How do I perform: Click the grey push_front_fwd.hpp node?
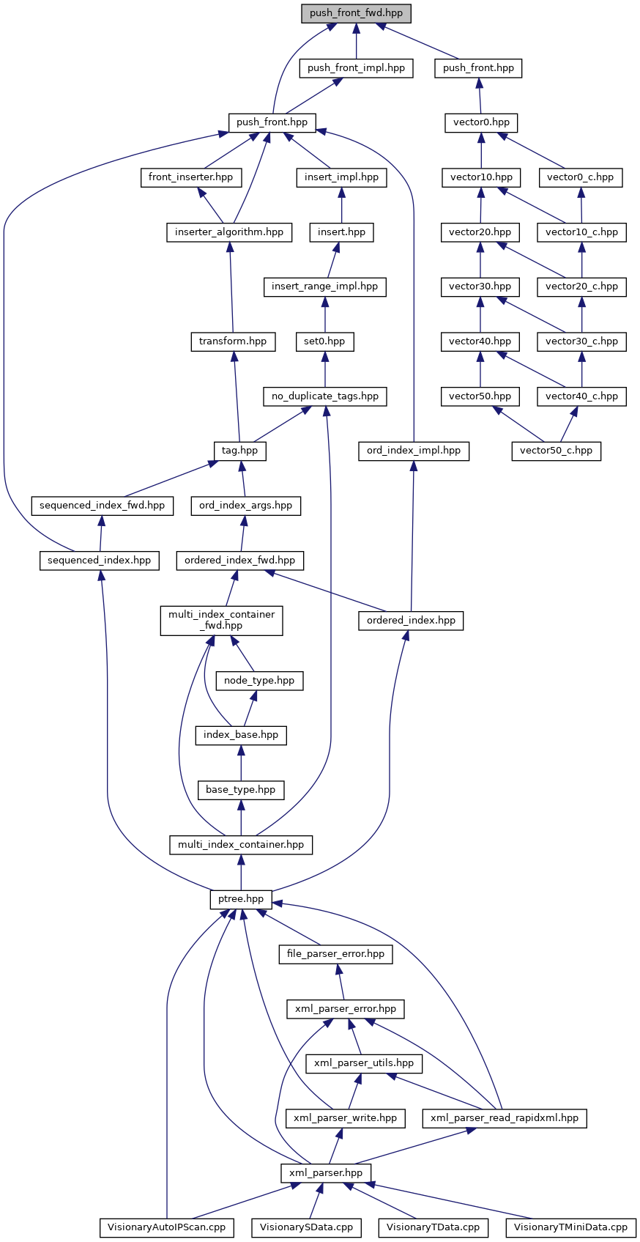(x=356, y=13)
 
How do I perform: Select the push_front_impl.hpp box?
(x=356, y=68)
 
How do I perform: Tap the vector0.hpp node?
(x=481, y=122)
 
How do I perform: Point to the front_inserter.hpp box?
(x=190, y=177)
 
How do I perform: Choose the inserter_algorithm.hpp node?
(x=229, y=232)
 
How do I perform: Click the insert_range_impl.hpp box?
(x=324, y=287)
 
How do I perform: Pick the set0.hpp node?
(x=324, y=341)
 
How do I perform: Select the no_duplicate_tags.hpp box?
(x=325, y=396)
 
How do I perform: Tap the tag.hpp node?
(x=240, y=451)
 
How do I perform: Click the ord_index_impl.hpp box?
(x=414, y=451)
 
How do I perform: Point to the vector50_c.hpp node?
(x=556, y=451)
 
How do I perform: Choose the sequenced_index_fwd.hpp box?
(x=102, y=506)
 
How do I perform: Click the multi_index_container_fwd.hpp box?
(x=221, y=620)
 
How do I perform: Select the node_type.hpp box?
(x=259, y=681)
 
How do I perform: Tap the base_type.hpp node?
(x=241, y=790)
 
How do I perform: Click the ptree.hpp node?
(x=241, y=899)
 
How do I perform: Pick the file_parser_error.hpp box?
(x=335, y=954)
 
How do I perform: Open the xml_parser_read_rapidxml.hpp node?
(x=505, y=1118)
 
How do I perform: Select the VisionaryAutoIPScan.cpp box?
(x=167, y=1227)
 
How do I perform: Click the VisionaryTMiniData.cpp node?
(x=570, y=1227)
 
